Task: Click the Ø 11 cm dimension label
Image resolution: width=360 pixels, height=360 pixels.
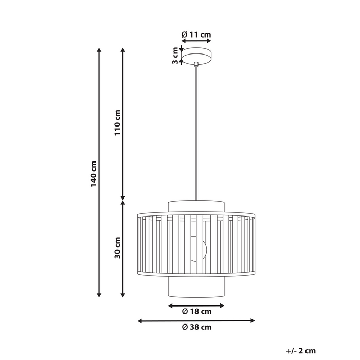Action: [196, 35]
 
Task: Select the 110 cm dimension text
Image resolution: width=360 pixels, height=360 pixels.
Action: [117, 122]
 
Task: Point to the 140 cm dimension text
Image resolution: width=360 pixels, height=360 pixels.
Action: [93, 174]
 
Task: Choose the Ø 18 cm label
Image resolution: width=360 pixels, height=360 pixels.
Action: [196, 311]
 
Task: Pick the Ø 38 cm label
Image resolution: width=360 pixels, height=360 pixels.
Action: [196, 327]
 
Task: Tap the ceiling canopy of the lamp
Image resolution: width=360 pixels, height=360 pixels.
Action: [196, 55]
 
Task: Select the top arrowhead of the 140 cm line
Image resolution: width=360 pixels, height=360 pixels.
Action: [99, 50]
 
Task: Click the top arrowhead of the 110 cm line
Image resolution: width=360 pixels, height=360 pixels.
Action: [122, 50]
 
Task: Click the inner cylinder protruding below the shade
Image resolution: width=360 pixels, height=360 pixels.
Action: [196, 288]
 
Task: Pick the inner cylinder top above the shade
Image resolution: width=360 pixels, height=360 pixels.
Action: [196, 206]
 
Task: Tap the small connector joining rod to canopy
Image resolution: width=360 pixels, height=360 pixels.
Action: [196, 64]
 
